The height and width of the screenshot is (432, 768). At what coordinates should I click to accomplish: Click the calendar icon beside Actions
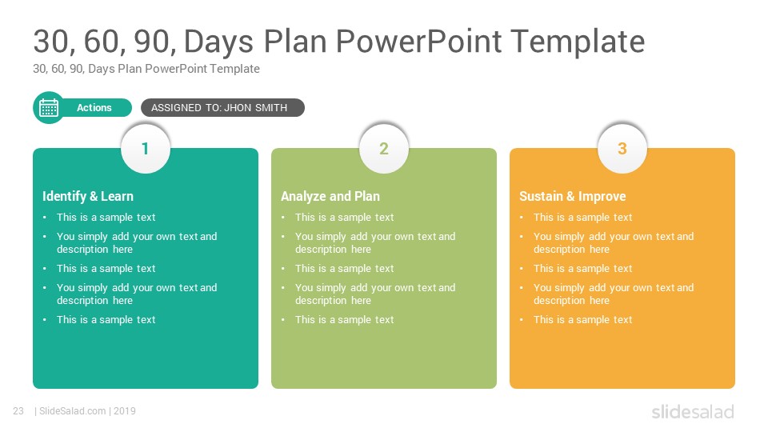pos(49,108)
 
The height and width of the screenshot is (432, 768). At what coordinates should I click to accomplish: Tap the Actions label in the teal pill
pos(94,108)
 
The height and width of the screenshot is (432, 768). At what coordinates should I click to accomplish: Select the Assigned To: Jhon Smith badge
pos(223,108)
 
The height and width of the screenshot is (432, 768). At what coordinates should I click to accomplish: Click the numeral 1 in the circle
pos(145,149)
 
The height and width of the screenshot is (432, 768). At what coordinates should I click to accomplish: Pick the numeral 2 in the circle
pos(383,149)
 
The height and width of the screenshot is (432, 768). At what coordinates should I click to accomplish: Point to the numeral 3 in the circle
pos(622,149)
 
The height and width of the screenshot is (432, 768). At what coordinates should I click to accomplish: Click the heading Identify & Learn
pos(88,197)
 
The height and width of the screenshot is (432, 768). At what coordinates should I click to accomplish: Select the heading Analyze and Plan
pos(330,197)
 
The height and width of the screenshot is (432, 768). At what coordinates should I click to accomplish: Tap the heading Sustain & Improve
pos(573,197)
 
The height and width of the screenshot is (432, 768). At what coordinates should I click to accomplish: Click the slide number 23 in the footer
pos(18,411)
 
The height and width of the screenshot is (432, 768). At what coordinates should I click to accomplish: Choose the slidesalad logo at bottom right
pos(693,412)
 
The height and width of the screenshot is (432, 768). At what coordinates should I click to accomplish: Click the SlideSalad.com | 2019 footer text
pos(86,411)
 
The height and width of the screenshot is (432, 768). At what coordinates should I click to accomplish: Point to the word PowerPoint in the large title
pos(418,41)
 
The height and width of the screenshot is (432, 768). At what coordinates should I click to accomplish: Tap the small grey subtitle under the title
pos(146,69)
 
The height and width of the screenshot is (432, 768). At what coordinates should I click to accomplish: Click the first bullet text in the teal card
pos(106,217)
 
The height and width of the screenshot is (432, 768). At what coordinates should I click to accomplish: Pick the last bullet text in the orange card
pos(583,319)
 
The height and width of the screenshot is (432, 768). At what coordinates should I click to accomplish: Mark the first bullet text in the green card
pos(344,217)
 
